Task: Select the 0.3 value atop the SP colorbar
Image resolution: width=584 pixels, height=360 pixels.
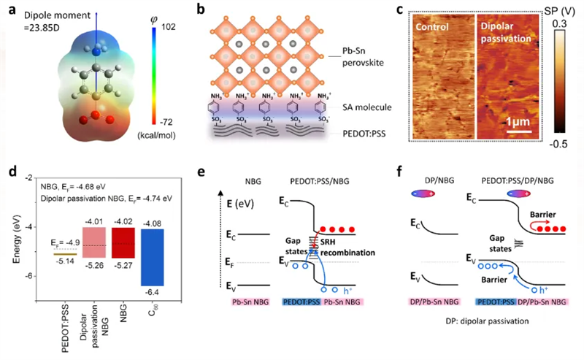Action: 568,23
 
